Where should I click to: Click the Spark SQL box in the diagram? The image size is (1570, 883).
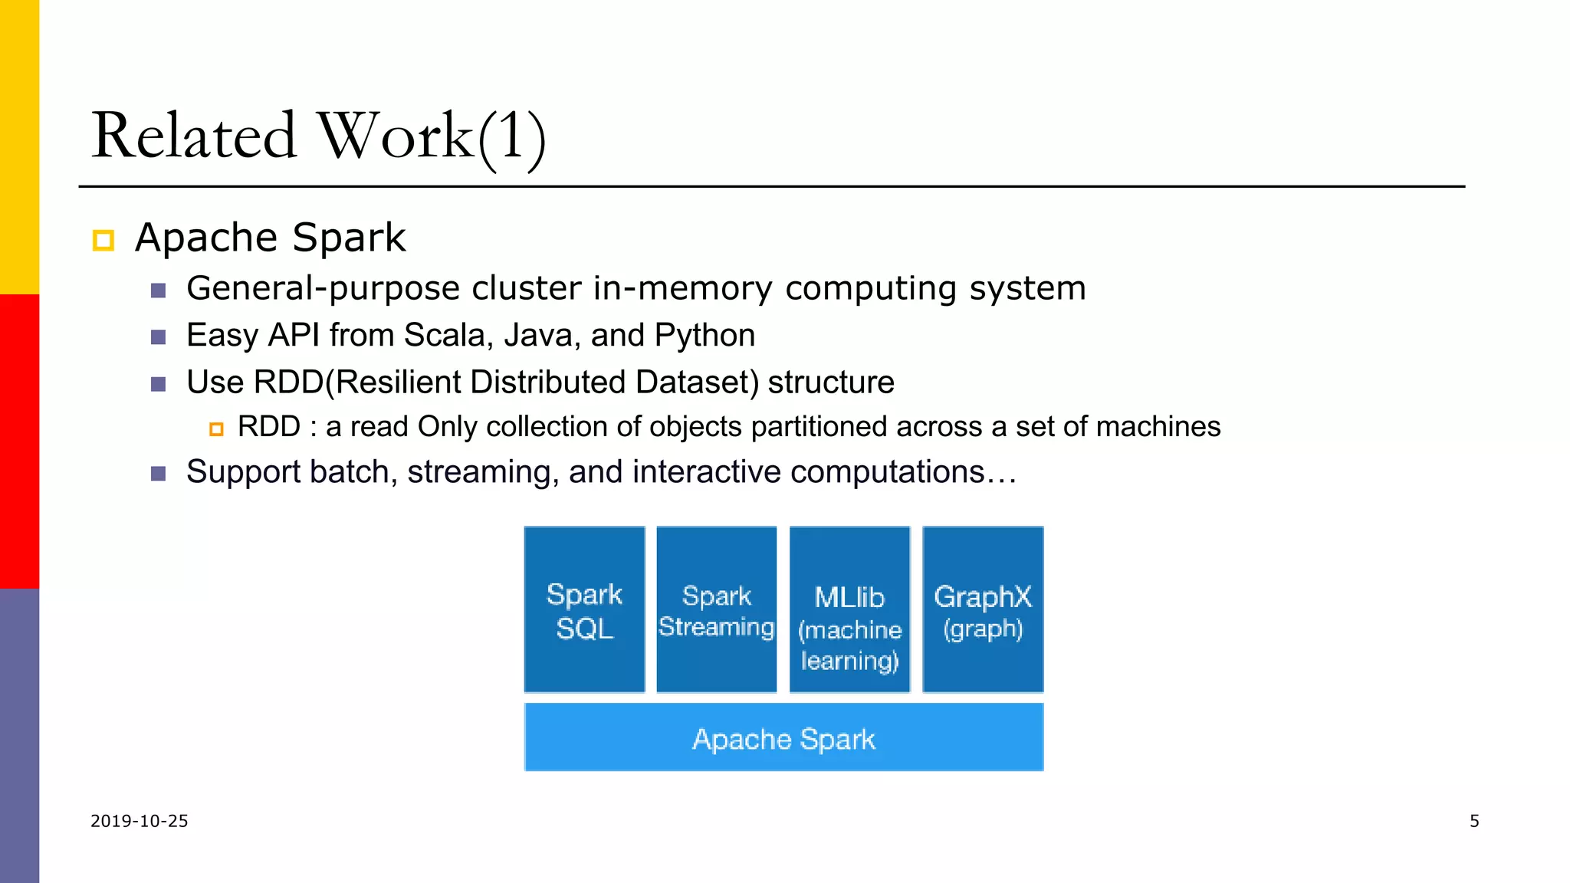click(584, 610)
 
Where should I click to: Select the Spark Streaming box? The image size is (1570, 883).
click(717, 610)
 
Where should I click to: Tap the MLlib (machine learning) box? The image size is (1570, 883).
click(849, 610)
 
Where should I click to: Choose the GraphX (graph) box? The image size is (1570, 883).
click(983, 610)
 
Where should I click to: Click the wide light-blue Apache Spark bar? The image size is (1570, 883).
click(783, 737)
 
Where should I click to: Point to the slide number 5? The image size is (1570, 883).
click(1474, 821)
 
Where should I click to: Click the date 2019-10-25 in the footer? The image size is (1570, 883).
click(140, 821)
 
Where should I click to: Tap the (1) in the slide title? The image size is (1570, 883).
click(512, 138)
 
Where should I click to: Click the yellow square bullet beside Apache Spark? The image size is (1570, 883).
click(103, 240)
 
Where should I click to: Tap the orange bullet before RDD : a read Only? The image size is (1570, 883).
click(216, 429)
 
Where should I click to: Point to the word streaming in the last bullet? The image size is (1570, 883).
click(478, 472)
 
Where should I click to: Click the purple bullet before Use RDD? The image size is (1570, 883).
click(159, 384)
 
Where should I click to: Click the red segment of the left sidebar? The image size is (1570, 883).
click(19, 441)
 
